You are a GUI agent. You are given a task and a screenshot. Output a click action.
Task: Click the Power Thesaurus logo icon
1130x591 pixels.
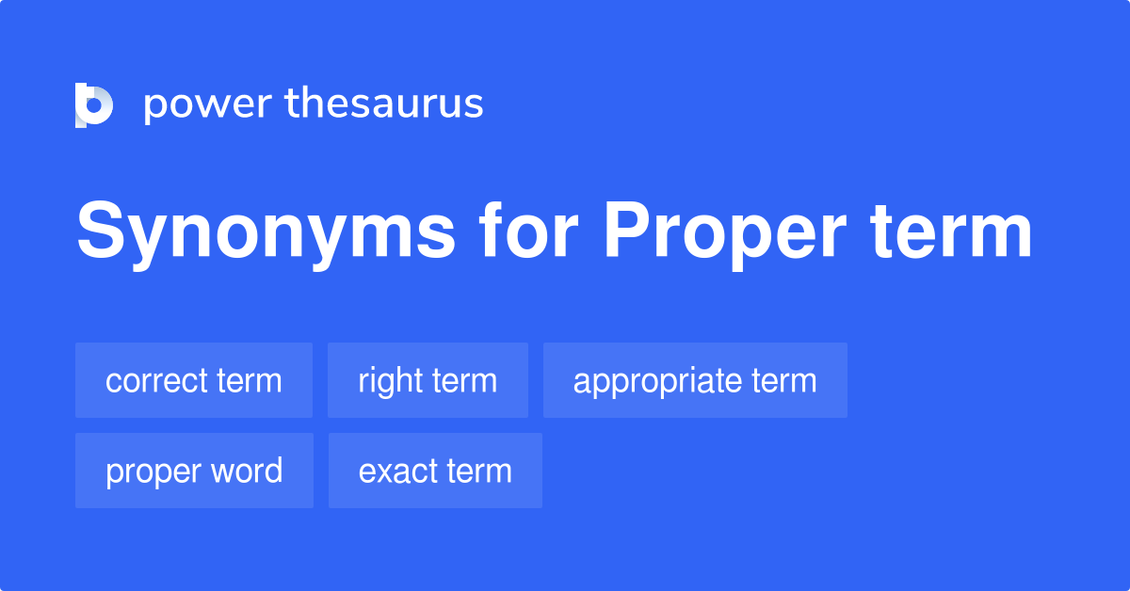pos(94,104)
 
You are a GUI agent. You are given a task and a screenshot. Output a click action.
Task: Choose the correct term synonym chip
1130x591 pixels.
pos(194,380)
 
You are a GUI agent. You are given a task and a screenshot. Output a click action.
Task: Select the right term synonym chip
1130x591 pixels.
pos(428,380)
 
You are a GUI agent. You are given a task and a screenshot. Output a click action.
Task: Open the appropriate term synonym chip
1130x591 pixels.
pos(695,380)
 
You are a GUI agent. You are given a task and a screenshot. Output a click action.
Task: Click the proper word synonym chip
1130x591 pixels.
pos(194,471)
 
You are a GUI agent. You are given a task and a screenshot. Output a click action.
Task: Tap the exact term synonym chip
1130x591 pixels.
pos(435,471)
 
